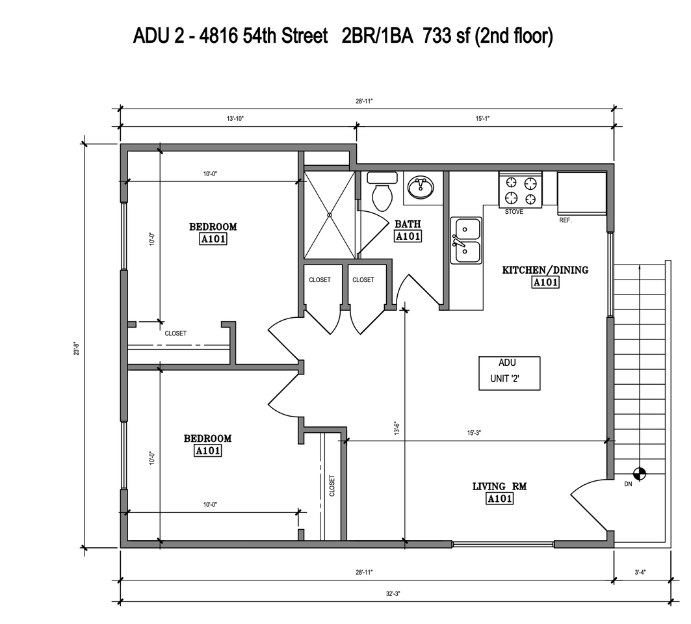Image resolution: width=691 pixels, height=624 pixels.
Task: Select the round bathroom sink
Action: pyautogui.click(x=421, y=188)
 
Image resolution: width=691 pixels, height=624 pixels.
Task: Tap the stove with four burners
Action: pyautogui.click(x=520, y=190)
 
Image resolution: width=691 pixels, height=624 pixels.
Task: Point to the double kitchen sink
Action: pyautogui.click(x=467, y=240)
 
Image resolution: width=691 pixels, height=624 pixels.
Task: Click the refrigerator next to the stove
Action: pyautogui.click(x=582, y=192)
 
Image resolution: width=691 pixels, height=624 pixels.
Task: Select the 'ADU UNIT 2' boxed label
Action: pyautogui.click(x=509, y=372)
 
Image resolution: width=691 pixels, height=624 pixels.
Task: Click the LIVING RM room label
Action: pyautogui.click(x=499, y=486)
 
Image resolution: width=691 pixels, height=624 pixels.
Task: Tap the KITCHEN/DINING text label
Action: pyautogui.click(x=545, y=270)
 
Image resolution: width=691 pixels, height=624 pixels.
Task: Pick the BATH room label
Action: pyautogui.click(x=408, y=224)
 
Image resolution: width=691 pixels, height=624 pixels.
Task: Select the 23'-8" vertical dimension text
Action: pyautogui.click(x=77, y=344)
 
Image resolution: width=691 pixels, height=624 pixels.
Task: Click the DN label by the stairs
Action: pyautogui.click(x=628, y=484)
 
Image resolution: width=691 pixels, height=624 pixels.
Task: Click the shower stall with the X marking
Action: pyautogui.click(x=330, y=214)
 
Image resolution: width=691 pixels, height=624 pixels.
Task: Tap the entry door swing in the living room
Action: pyautogui.click(x=588, y=504)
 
